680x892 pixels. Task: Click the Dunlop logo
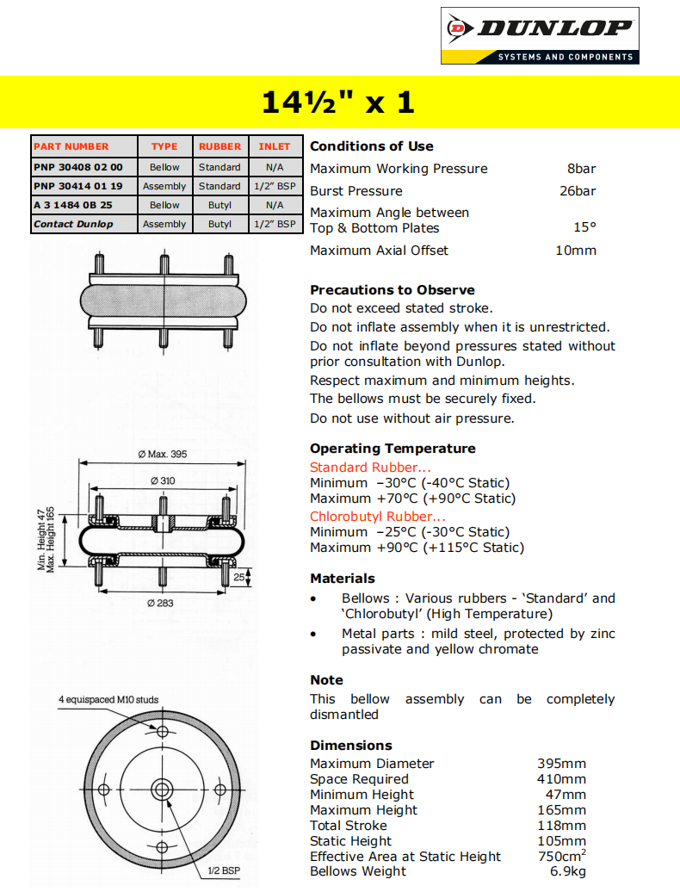point(539,35)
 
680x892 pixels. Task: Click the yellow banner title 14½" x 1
point(338,102)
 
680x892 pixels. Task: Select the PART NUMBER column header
point(71,146)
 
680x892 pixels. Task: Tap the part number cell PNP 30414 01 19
point(78,186)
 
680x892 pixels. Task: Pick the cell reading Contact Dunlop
point(73,224)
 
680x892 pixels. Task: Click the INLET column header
point(275,146)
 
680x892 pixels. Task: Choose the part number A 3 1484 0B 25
point(73,205)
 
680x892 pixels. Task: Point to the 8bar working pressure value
point(581,169)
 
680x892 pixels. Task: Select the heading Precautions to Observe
point(392,290)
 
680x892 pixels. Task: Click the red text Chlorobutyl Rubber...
point(378,517)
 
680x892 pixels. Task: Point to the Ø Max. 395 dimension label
point(162,454)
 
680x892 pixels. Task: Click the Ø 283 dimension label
point(161,603)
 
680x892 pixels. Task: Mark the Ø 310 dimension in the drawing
point(162,480)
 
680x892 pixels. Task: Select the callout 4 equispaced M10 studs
point(108,699)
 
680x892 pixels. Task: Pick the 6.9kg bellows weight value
point(568,872)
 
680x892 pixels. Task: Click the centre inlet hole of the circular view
point(162,790)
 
